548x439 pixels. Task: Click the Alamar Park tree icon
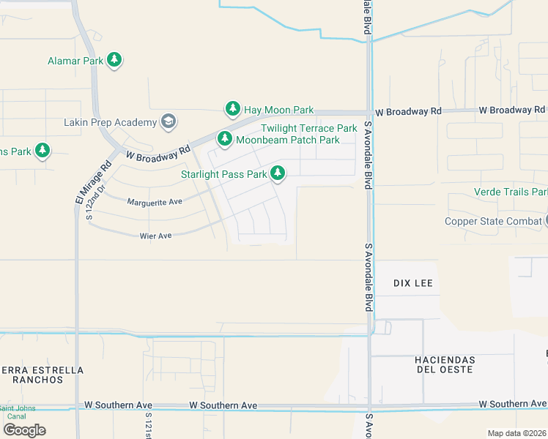coord(114,60)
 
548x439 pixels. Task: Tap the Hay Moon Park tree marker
coord(233,109)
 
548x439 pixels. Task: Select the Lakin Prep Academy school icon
coord(169,121)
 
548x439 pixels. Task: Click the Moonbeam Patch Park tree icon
coord(224,138)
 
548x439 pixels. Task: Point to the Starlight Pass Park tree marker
coord(277,173)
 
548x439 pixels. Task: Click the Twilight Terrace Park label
coord(308,128)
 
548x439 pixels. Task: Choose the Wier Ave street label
coord(155,236)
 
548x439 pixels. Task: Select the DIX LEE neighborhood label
coord(413,283)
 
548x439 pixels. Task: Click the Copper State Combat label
coord(493,221)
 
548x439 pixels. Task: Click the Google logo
coord(24,430)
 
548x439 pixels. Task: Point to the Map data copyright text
coord(516,433)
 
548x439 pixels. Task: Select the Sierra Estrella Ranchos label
coord(42,375)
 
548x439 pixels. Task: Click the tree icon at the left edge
coord(42,151)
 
